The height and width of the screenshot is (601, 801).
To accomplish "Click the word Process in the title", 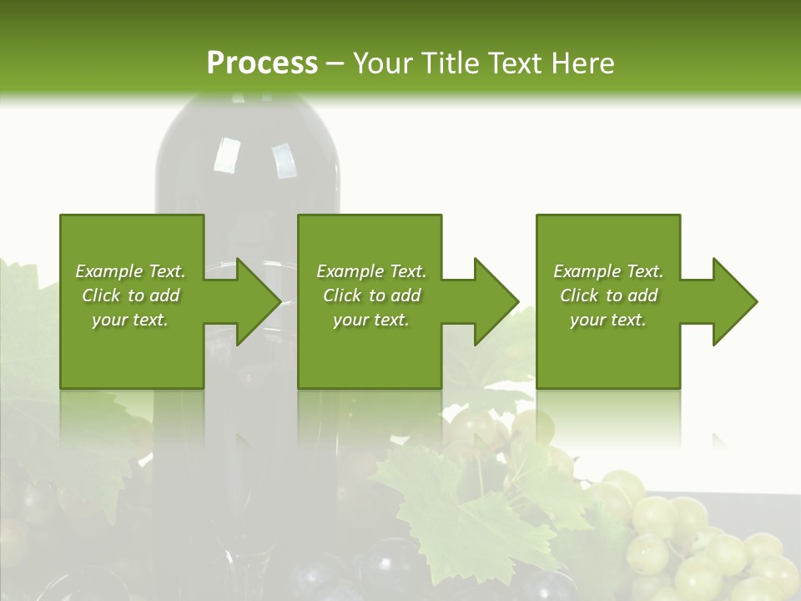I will (262, 63).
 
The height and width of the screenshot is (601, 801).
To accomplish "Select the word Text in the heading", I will (515, 63).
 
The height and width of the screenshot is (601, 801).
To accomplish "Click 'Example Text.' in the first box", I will (130, 271).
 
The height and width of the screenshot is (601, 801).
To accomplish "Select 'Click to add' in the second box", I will (371, 295).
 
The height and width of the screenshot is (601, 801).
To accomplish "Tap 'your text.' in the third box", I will (608, 320).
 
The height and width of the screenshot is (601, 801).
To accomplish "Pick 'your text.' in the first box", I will (130, 320).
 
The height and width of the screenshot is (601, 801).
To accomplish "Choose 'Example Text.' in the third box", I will (608, 271).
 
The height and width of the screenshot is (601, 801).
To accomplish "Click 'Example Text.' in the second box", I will (371, 271).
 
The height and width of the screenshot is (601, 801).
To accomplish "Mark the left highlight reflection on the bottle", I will (226, 155).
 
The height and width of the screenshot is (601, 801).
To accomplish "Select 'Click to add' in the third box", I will (608, 295).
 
